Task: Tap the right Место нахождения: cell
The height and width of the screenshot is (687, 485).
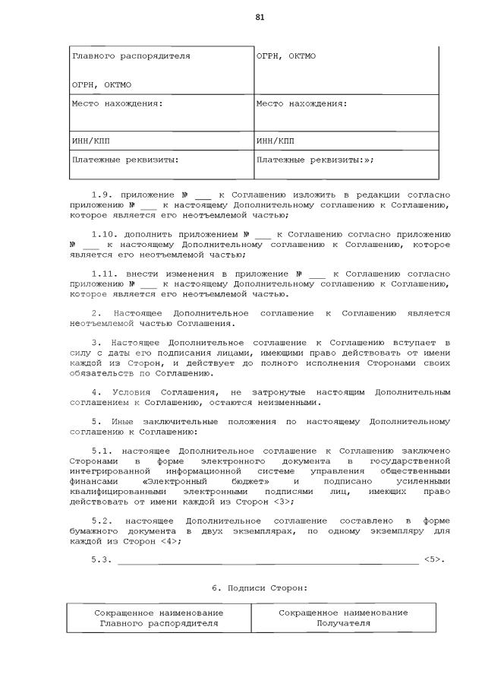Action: pyautogui.click(x=345, y=112)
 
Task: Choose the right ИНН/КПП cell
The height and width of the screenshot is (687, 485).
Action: pyautogui.click(x=345, y=141)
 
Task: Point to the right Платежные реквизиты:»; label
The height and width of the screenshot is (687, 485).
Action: pyautogui.click(x=315, y=160)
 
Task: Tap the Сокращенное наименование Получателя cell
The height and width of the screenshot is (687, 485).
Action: pyautogui.click(x=343, y=617)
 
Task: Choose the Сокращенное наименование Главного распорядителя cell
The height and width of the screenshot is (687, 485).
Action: pyautogui.click(x=159, y=617)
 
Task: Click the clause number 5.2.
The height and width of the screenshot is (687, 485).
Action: pyautogui.click(x=101, y=521)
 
